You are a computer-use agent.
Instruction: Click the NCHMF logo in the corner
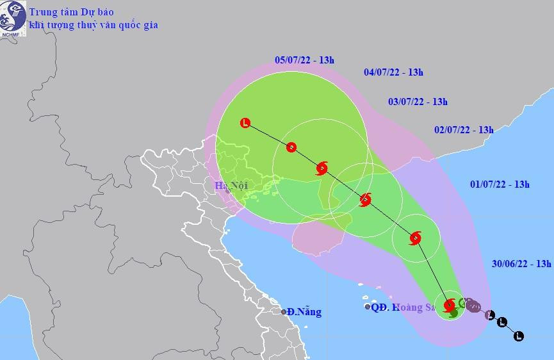[12, 17]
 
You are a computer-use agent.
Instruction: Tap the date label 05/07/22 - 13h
[304, 60]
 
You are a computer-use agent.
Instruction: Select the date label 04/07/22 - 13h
[393, 72]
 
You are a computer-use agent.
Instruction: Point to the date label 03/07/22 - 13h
[418, 101]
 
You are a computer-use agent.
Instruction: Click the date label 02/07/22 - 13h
[464, 129]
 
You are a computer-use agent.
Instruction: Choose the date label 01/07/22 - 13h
[500, 184]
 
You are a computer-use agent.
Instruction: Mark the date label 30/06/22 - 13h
[522, 263]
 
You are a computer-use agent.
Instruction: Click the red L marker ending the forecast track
[245, 123]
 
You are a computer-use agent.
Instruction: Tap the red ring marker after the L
[291, 147]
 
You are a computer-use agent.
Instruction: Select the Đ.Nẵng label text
[304, 312]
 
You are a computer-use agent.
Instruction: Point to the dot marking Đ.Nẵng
[284, 312]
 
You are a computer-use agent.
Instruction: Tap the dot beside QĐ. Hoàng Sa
[368, 307]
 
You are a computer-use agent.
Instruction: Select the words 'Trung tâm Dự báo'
[70, 11]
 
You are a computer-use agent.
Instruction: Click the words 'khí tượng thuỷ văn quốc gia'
[93, 25]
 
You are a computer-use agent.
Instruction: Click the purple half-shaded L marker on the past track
[490, 315]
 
